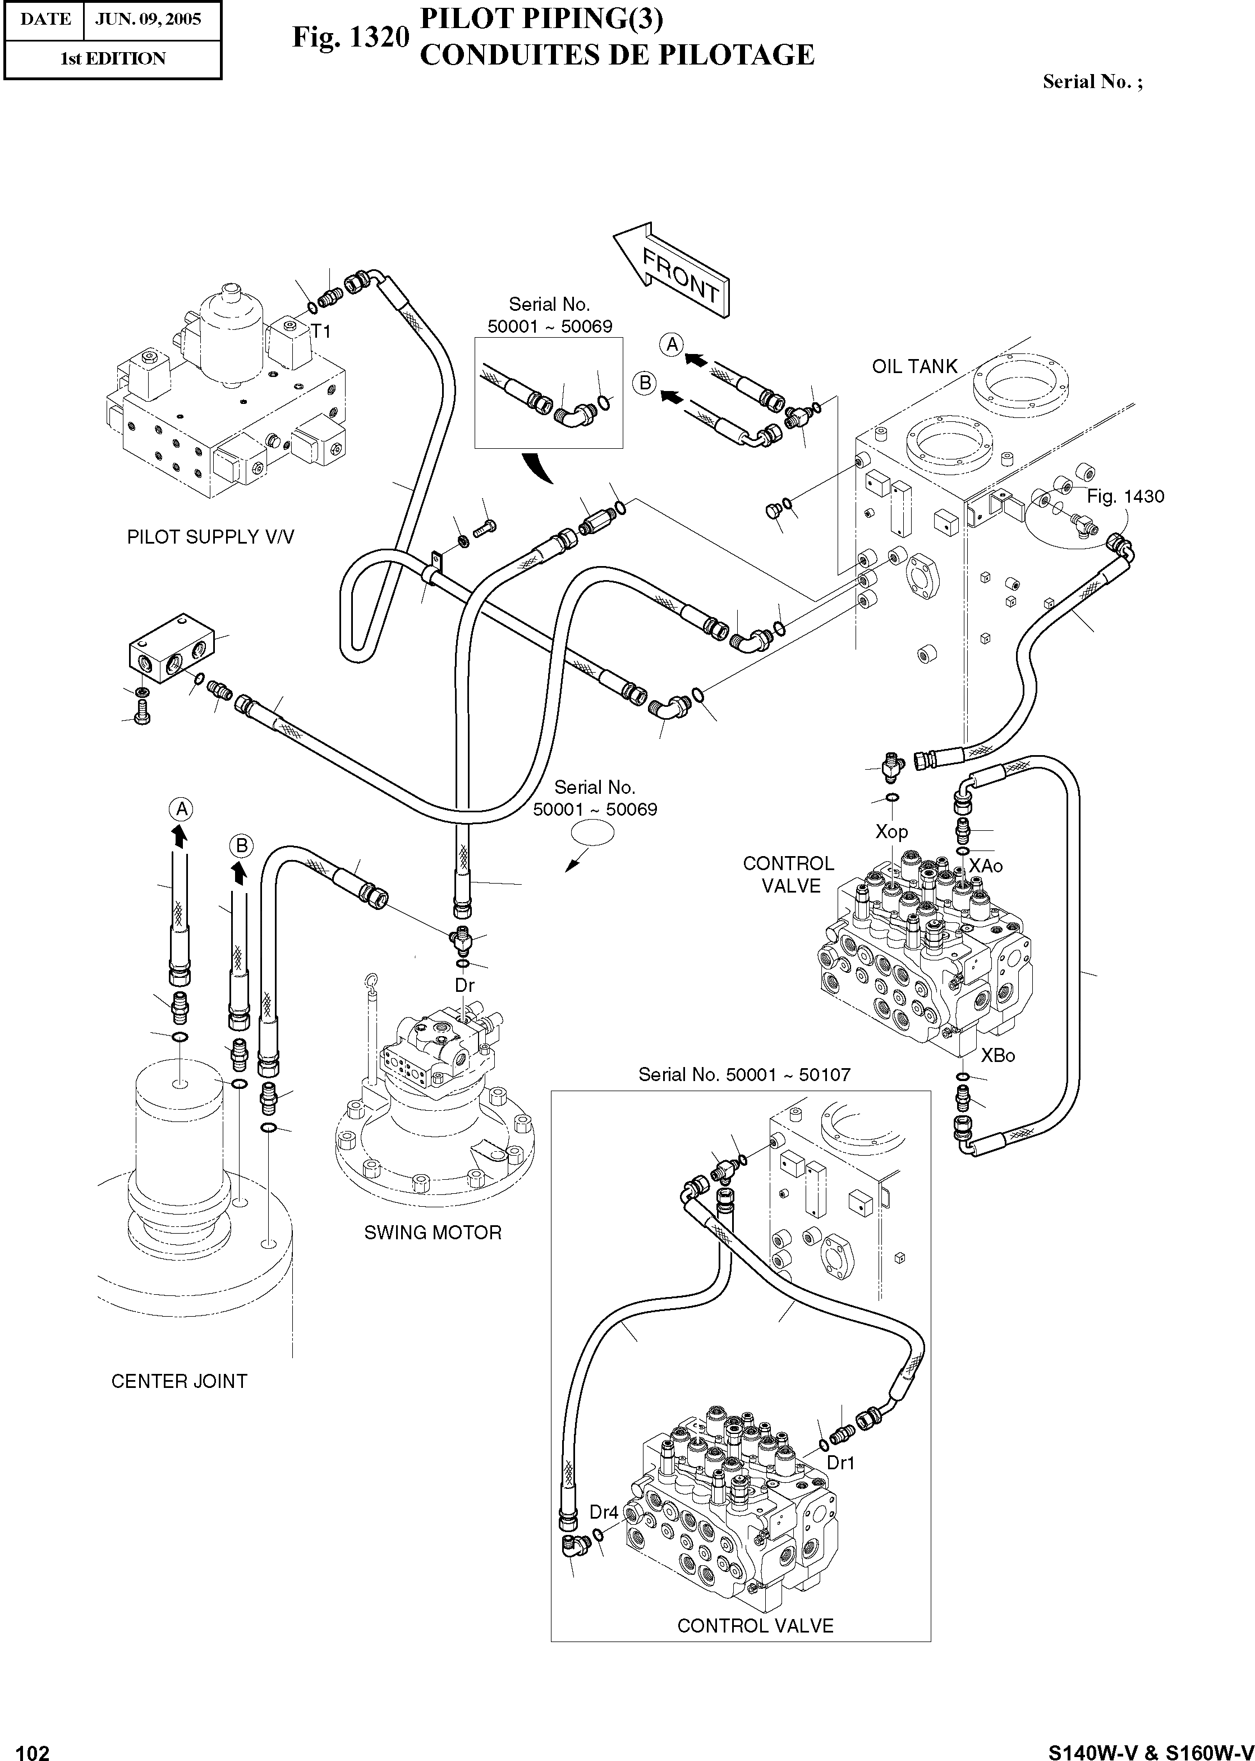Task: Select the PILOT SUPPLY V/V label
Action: click(210, 537)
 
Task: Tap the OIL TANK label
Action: click(914, 366)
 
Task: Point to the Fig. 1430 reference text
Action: click(1125, 497)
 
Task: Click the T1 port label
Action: click(321, 332)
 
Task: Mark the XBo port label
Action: click(997, 1055)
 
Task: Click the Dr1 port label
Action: click(841, 1463)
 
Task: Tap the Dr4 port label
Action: click(604, 1512)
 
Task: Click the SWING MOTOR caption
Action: click(433, 1233)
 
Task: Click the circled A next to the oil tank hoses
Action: click(672, 344)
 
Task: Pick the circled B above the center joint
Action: click(242, 846)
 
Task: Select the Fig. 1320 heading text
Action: click(350, 37)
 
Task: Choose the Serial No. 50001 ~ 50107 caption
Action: click(744, 1075)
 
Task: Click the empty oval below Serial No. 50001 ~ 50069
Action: click(593, 833)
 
